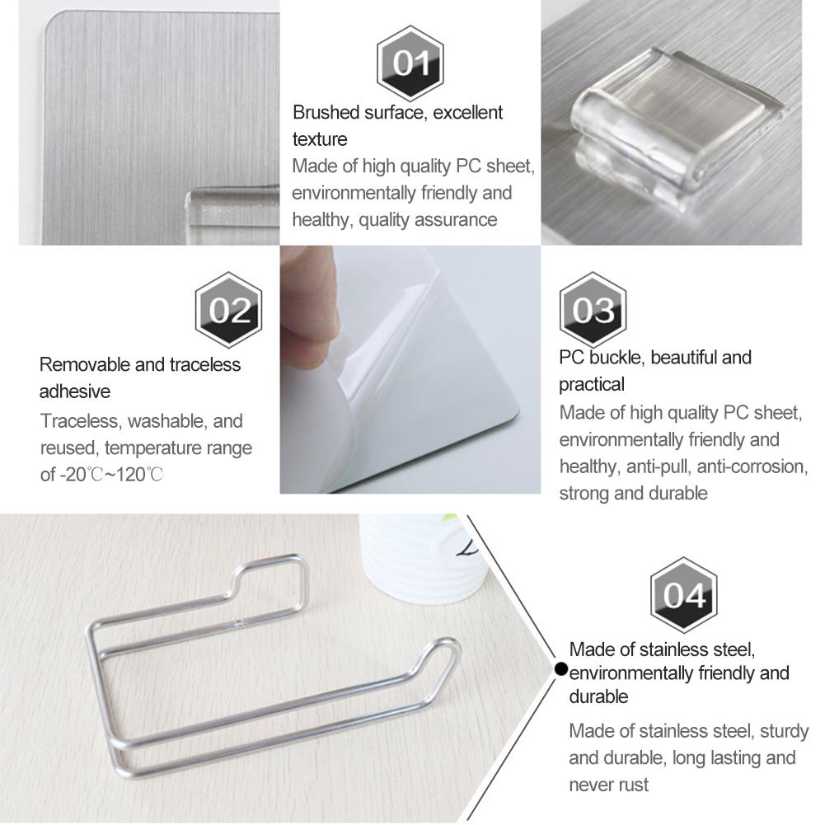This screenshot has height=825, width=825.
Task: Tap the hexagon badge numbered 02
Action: point(228,310)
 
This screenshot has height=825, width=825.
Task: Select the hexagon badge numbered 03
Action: point(593,310)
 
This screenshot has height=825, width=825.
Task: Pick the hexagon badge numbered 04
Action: point(683,594)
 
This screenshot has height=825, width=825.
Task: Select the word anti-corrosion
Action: point(752,466)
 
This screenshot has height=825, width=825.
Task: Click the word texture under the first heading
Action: point(320,138)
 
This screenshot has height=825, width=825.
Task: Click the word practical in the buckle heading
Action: point(592,384)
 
